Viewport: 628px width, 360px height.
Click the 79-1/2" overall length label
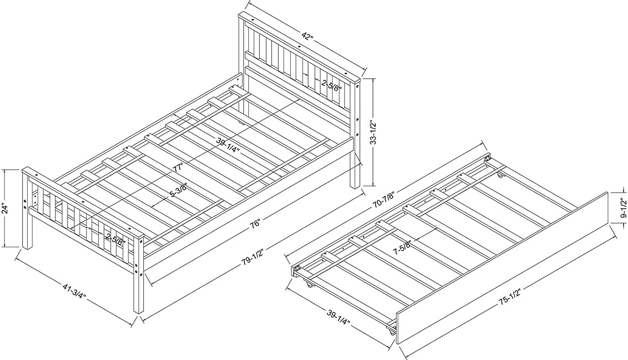tap(253, 257)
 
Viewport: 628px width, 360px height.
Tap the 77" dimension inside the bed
tap(178, 169)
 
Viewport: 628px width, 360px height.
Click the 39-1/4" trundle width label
tap(338, 317)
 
